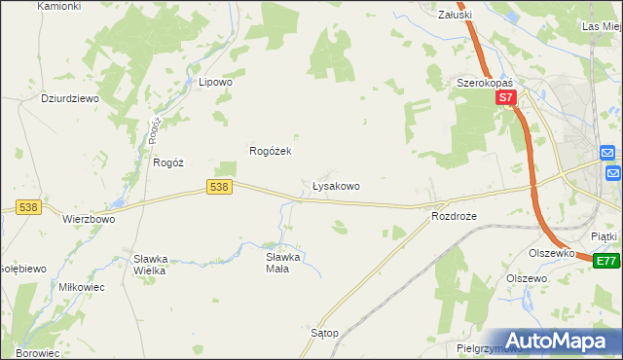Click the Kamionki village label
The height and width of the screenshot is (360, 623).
(59, 6)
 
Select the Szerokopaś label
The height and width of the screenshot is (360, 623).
(484, 84)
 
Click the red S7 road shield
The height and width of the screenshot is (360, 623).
(504, 98)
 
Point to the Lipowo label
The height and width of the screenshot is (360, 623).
(215, 83)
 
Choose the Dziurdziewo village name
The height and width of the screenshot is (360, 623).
(71, 98)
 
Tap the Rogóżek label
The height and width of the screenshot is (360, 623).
(272, 151)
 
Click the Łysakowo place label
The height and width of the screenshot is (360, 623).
(336, 185)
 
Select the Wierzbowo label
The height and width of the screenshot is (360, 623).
(89, 219)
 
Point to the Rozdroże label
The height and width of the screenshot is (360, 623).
(456, 216)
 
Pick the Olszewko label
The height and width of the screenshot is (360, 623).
(551, 252)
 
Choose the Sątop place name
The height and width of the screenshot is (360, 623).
(324, 333)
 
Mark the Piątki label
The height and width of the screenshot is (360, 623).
(605, 235)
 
